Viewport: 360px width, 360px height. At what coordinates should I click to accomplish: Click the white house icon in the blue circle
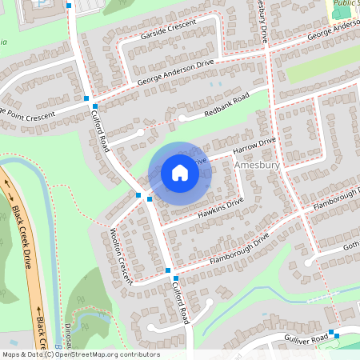point(180,173)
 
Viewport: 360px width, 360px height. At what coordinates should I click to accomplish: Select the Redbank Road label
point(226,104)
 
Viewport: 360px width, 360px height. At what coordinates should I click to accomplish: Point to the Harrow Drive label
point(254,146)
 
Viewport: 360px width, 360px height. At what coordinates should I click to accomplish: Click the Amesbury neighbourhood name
point(258,165)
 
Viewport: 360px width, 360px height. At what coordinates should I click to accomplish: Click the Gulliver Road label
point(306,340)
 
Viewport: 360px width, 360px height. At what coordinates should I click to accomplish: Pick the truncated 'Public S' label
point(346,3)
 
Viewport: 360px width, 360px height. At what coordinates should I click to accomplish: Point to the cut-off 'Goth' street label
point(351,246)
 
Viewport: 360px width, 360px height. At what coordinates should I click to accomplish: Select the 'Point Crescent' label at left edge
point(29,114)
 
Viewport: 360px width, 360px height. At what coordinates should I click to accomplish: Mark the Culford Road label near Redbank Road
point(100,132)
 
